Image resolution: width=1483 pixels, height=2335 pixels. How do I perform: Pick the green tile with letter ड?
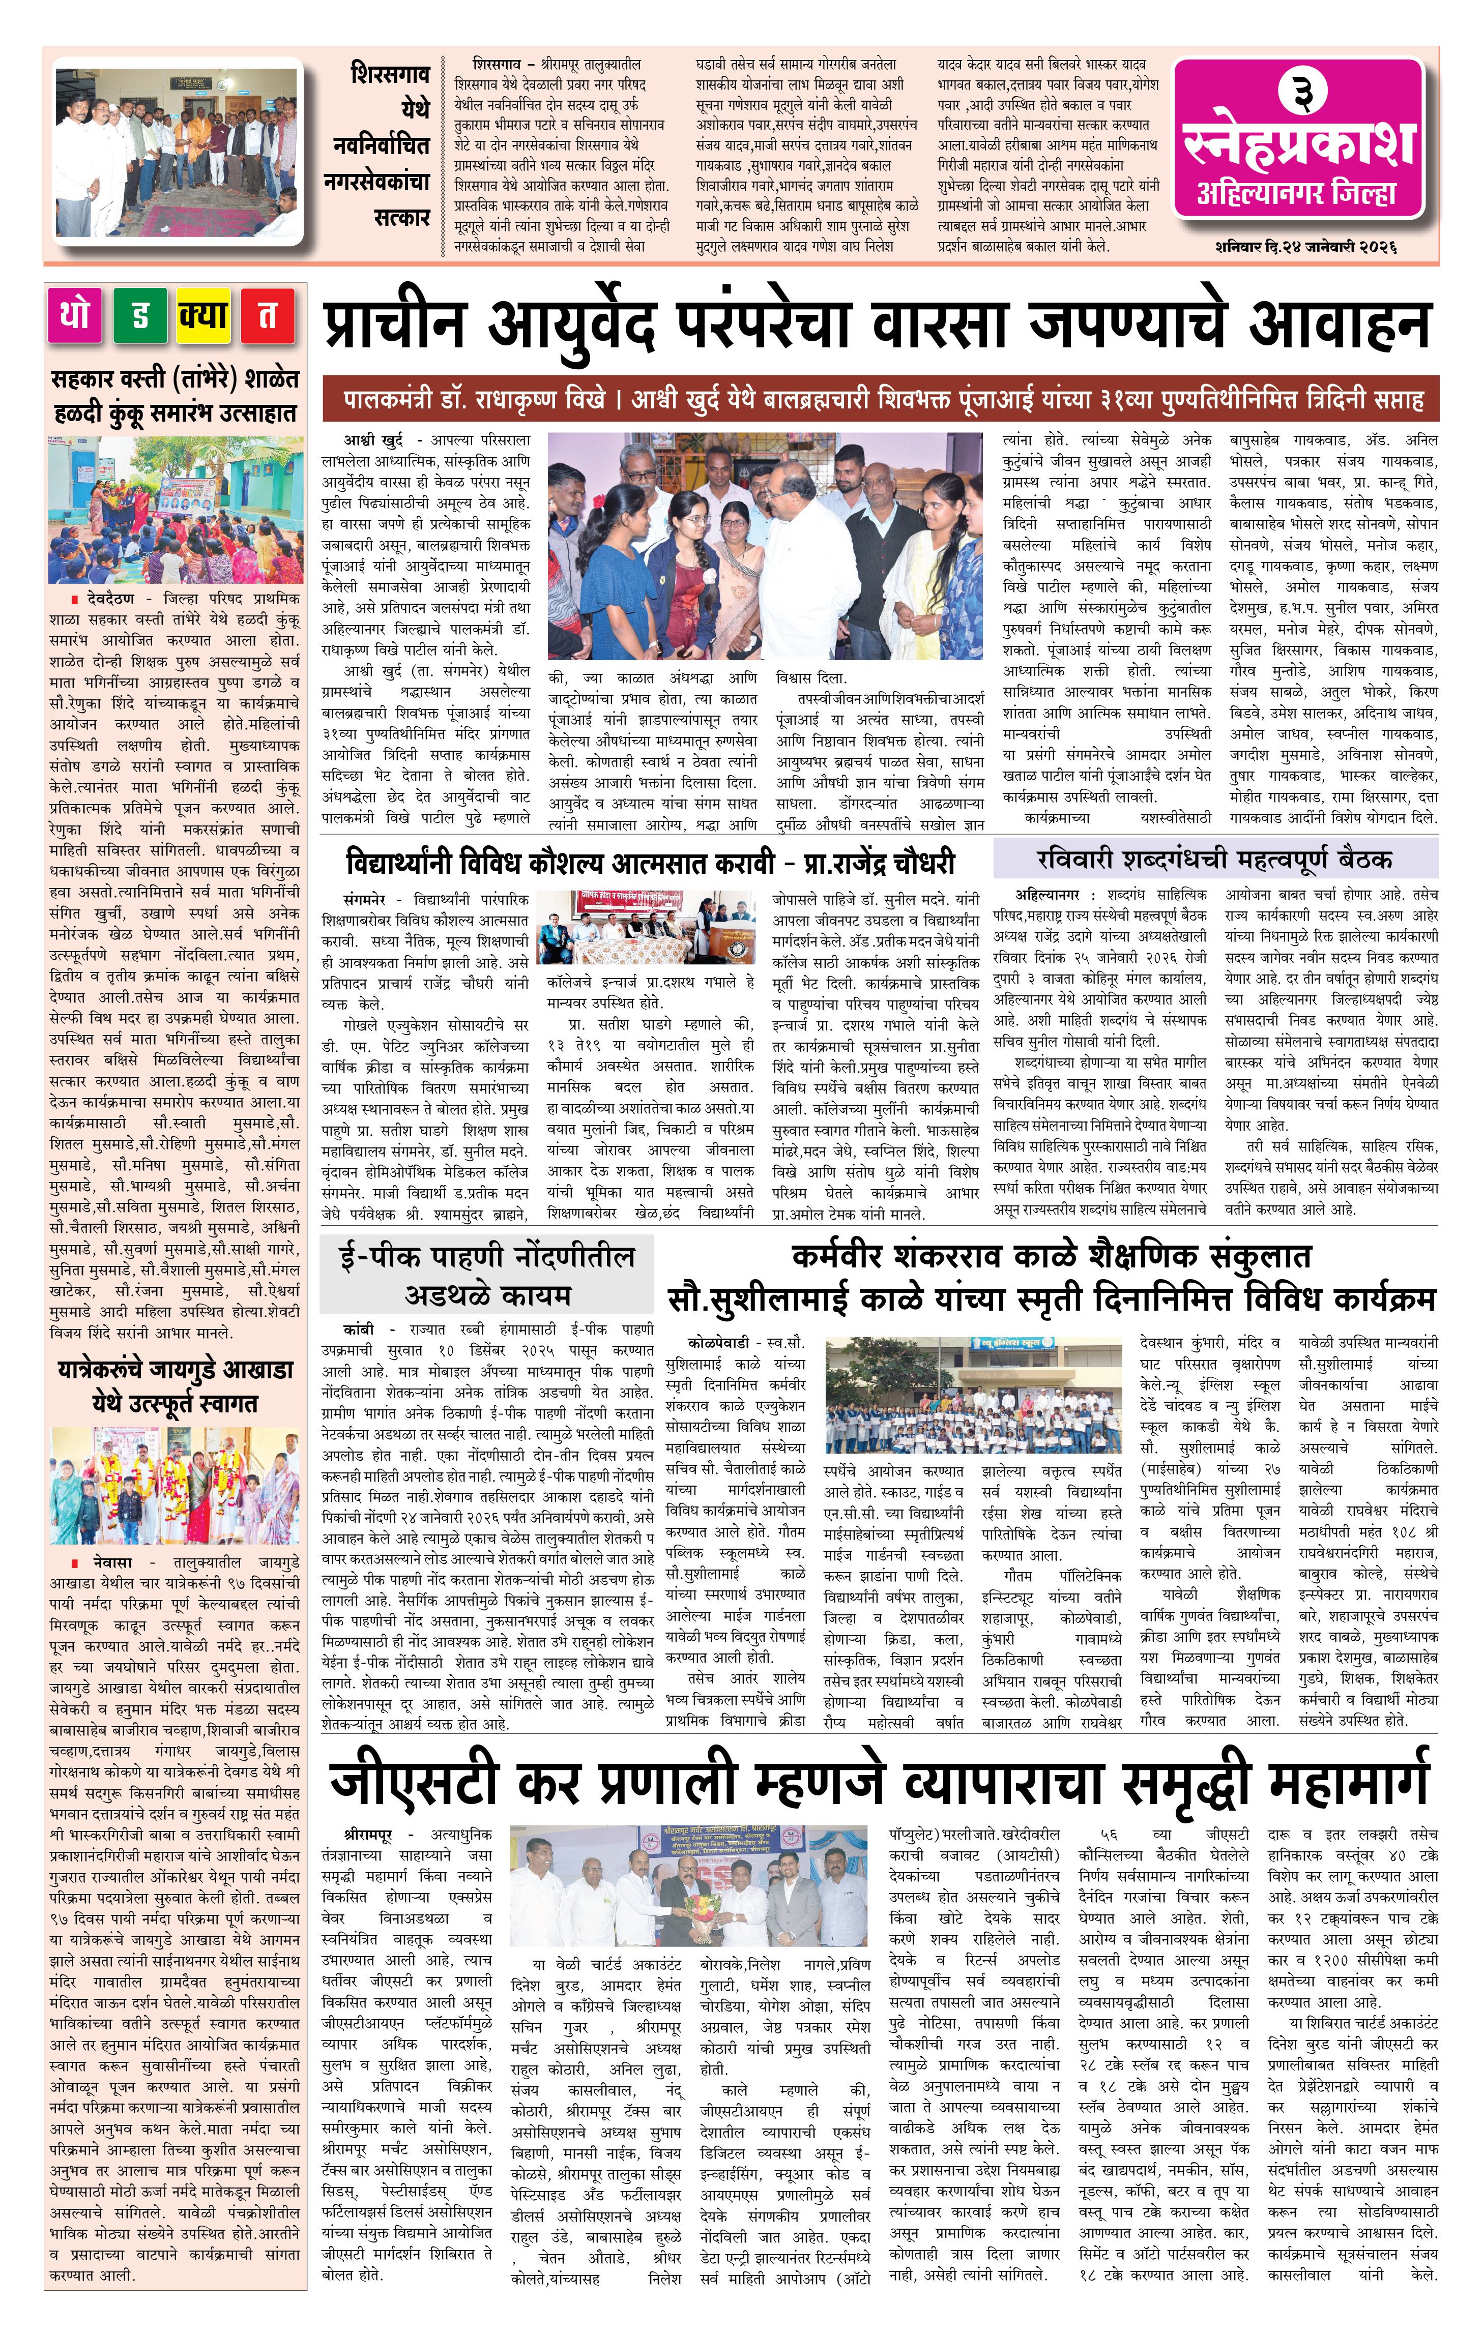tap(140, 315)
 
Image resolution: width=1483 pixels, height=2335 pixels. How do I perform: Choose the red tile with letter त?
tap(267, 315)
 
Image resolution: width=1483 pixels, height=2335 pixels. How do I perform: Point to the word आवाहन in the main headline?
tap(1339, 327)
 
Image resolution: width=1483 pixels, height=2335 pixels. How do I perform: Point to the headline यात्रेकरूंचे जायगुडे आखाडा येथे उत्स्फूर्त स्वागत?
tap(175, 1386)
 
